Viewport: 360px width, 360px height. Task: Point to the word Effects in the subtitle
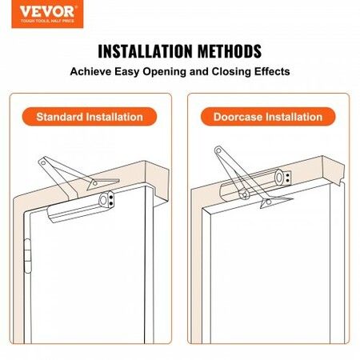(266, 71)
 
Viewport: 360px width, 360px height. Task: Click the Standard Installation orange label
(89, 117)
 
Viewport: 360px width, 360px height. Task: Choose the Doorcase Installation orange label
(267, 117)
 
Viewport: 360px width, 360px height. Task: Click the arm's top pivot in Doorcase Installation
(219, 150)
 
